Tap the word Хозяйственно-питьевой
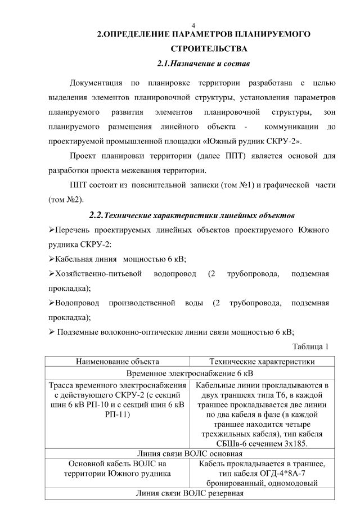[x=97, y=274]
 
